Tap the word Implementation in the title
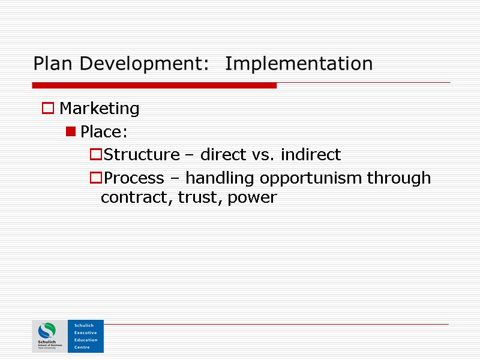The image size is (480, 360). [299, 64]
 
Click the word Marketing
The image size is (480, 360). [100, 109]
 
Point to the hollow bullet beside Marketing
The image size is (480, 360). [47, 109]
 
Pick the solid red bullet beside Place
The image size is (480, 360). [71, 131]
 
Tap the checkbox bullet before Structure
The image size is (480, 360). [95, 155]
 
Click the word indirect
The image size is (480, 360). [311, 155]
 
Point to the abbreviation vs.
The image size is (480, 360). [261, 155]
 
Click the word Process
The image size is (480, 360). [134, 178]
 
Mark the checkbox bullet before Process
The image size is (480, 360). [95, 178]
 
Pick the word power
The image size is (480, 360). [252, 197]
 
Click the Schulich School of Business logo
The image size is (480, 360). [49, 336]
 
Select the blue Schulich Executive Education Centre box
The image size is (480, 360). [86, 336]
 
